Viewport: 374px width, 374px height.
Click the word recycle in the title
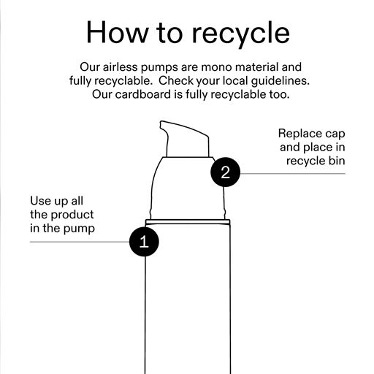[x=240, y=34]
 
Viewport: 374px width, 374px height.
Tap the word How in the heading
[x=118, y=32]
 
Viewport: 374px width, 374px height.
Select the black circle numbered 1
[x=144, y=242]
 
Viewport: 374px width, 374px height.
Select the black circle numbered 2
[x=226, y=172]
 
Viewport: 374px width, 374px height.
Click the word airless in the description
[x=121, y=67]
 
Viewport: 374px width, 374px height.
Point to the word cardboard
[x=142, y=94]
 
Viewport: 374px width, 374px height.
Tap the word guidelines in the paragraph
[x=280, y=81]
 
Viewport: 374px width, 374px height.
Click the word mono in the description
[x=216, y=67]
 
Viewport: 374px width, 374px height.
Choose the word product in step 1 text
[x=72, y=215]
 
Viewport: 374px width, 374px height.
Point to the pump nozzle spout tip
[x=161, y=124]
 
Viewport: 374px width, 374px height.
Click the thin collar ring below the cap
[x=188, y=221]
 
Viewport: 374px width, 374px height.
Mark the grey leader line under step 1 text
[x=80, y=242]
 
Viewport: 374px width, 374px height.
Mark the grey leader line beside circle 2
[x=293, y=174]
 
